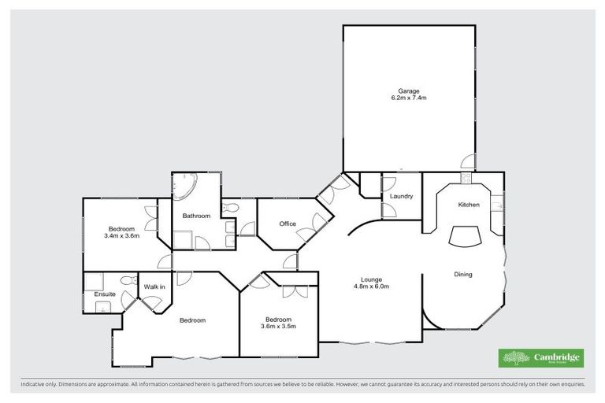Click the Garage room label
coord(408,91)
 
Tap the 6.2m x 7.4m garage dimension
coord(408,98)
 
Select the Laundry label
coord(402,196)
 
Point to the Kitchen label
coord(469,205)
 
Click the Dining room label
coord(463,274)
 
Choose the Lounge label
coord(372,279)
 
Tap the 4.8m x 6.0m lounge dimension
coord(372,287)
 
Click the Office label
coord(288,224)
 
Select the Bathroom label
coord(196,216)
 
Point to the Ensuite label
coord(106,294)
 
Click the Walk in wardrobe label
coord(154,287)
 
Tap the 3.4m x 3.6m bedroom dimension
coord(121,235)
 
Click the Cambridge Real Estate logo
coord(541,358)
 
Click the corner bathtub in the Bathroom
coord(186,187)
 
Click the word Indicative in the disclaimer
coord(33,385)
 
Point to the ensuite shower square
coord(93,281)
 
